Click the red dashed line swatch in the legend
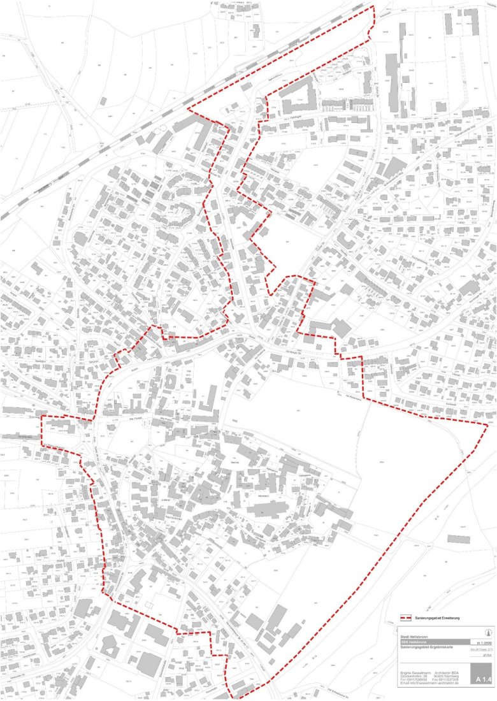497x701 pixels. click(x=405, y=618)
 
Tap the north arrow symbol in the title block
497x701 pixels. click(x=488, y=633)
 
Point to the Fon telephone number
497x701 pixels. click(x=412, y=681)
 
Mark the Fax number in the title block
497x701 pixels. click(x=448, y=681)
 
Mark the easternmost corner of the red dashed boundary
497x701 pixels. click(x=488, y=425)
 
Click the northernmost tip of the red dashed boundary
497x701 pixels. click(x=373, y=8)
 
